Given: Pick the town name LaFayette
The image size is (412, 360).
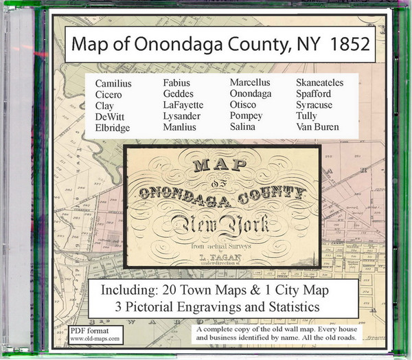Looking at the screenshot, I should click(183, 105).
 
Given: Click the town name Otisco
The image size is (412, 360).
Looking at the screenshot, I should click(244, 105).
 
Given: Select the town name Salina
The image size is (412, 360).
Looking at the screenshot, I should click(244, 127).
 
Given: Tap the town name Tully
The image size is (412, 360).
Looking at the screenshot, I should click(308, 116).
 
